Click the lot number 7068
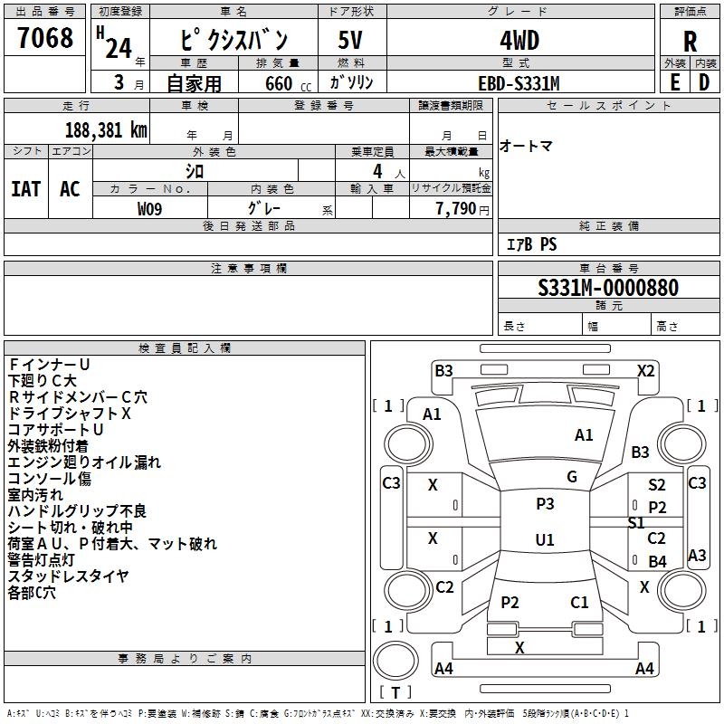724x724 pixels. [x=45, y=38]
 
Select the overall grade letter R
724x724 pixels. [x=690, y=42]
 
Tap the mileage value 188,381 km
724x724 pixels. [x=106, y=130]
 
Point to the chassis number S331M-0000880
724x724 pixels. [x=608, y=288]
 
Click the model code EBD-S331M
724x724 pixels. [x=519, y=83]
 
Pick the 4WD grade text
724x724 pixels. [x=519, y=41]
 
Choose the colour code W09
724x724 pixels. [x=149, y=209]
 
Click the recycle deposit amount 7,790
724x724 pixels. [x=456, y=209]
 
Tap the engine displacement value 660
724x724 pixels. [x=279, y=83]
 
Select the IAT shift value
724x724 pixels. [x=26, y=189]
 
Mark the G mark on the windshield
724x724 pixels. [x=572, y=477]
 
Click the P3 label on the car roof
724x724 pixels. [x=545, y=504]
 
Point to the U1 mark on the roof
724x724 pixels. [x=545, y=539]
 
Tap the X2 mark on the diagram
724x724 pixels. [x=646, y=371]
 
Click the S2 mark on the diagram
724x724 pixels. [x=657, y=485]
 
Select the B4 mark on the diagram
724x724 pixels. [x=657, y=561]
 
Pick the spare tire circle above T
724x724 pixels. [x=395, y=661]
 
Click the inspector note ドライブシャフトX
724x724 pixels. [x=70, y=414]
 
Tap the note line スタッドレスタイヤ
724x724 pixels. [x=68, y=576]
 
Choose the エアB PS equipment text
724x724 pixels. [x=531, y=244]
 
